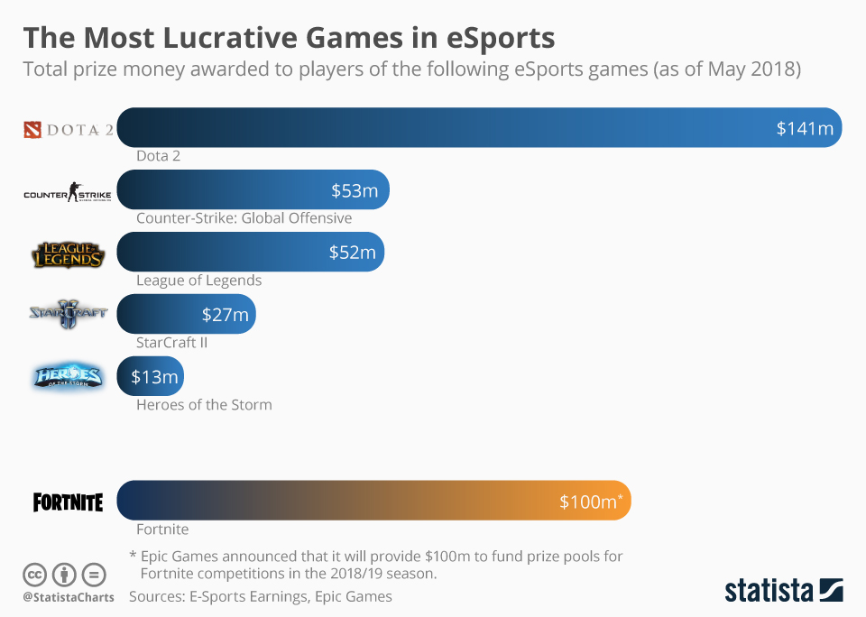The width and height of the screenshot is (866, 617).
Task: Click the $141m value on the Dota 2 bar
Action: tap(805, 128)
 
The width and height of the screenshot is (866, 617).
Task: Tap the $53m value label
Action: tap(354, 190)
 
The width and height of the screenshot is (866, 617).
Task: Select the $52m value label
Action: tap(352, 253)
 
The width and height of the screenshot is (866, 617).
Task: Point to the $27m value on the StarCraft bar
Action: tap(225, 315)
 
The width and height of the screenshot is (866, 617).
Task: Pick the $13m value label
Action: tap(154, 377)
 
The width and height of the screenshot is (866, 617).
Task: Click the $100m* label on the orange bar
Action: tap(591, 502)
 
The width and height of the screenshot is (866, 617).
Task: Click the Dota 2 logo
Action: tap(68, 130)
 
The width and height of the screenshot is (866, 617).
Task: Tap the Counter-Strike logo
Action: tap(68, 192)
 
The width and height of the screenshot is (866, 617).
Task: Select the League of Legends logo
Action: tap(68, 254)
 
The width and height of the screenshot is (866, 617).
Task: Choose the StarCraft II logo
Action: tap(68, 314)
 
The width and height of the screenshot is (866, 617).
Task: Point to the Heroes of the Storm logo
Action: tap(68, 377)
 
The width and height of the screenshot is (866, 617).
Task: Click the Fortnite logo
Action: tap(68, 502)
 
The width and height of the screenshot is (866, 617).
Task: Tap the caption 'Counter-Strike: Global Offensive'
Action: tap(244, 217)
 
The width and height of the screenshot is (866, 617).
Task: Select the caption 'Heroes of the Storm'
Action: tap(204, 404)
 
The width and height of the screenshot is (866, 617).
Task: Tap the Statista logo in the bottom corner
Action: tap(784, 591)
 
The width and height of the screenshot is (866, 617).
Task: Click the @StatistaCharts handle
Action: tap(69, 597)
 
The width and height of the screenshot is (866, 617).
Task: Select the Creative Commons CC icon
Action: tap(35, 574)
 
